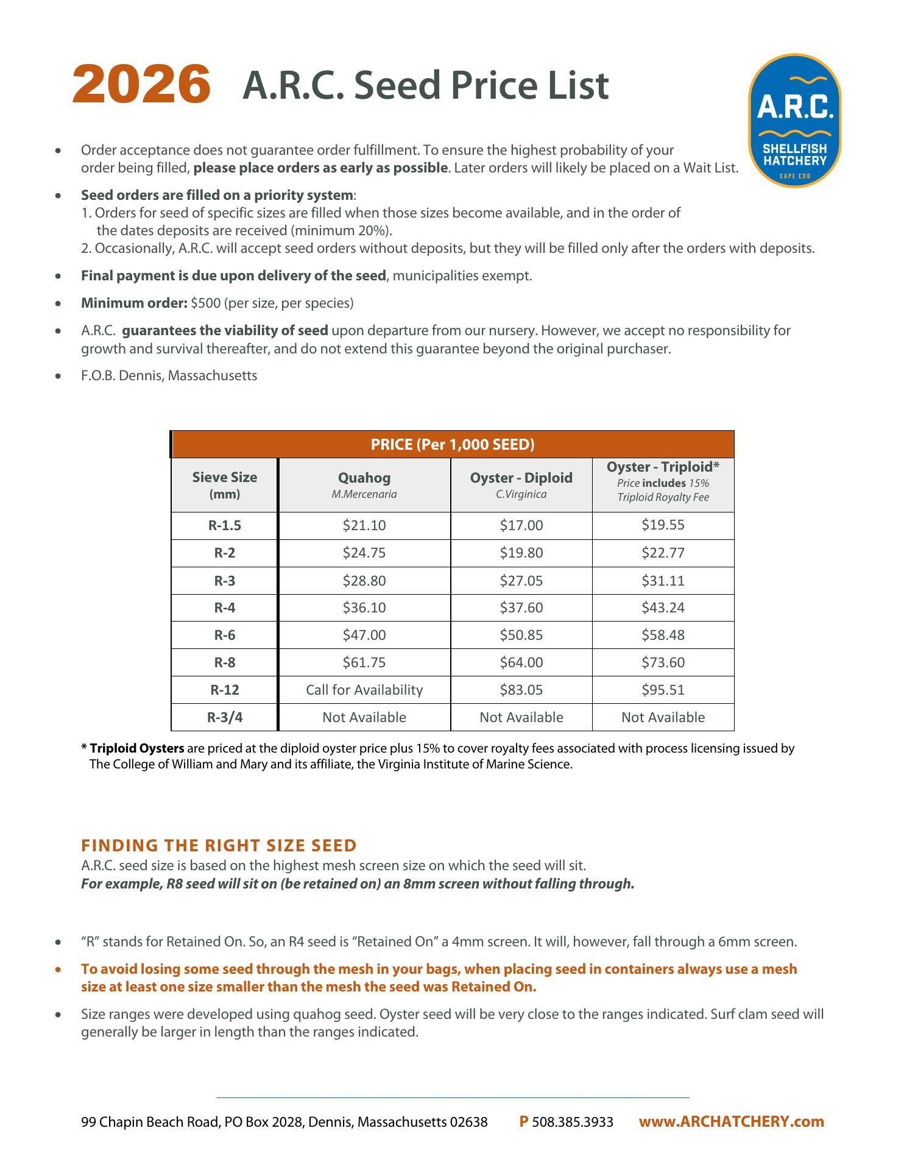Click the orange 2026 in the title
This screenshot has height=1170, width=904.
tap(141, 85)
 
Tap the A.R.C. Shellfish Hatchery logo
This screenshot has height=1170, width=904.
tap(794, 121)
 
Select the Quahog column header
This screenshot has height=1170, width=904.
tap(364, 478)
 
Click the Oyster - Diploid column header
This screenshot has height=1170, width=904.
tap(521, 478)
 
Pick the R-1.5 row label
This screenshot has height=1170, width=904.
tap(224, 526)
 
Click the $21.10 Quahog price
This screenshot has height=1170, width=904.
tap(364, 526)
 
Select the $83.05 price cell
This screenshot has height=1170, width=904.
tap(521, 690)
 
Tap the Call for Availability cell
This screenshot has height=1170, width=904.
tap(364, 690)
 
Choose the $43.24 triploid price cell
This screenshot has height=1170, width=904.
tap(663, 608)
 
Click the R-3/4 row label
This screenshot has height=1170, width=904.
tap(224, 717)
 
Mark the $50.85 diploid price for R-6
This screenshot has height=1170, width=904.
tap(521, 635)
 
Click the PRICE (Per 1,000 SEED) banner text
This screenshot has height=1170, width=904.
tap(453, 444)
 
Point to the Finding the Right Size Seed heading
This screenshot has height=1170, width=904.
tap(219, 845)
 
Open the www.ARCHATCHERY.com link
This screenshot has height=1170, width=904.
tap(731, 1121)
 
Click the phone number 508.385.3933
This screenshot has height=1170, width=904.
tap(573, 1122)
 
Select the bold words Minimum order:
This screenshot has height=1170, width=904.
tap(134, 303)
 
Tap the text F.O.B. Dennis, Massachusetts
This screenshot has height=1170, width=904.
tap(169, 375)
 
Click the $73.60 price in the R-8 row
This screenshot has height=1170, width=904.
tap(663, 662)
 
